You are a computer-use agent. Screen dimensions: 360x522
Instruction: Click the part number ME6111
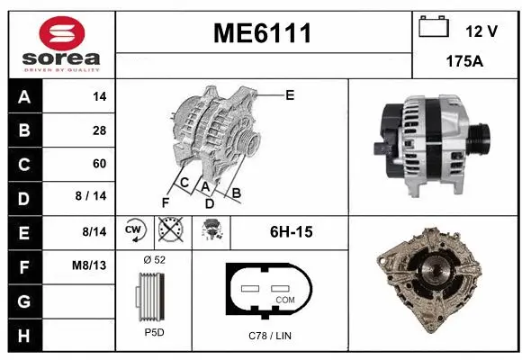[262, 34]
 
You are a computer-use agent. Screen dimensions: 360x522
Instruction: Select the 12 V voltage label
[481, 31]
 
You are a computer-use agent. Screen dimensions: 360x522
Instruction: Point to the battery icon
[434, 28]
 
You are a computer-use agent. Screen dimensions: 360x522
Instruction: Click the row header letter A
[23, 96]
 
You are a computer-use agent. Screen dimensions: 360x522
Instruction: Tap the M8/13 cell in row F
[92, 266]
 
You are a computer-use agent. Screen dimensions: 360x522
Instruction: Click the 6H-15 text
[291, 232]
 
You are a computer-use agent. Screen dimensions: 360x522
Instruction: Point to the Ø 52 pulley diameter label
[154, 259]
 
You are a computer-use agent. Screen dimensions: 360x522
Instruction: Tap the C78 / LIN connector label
[269, 336]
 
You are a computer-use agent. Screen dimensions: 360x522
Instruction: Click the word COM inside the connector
[284, 299]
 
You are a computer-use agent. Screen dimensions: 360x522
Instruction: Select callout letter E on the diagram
[290, 94]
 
